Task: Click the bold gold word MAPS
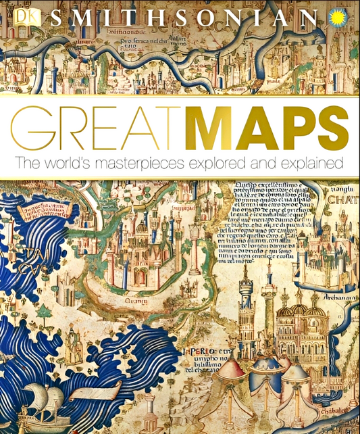coord(261,128)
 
